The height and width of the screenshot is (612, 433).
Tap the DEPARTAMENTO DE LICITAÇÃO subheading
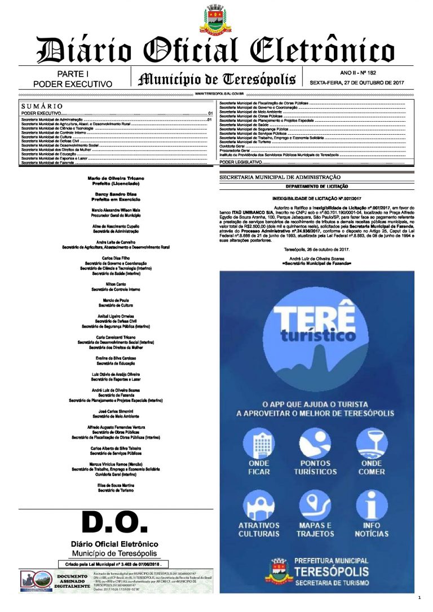pos(317,186)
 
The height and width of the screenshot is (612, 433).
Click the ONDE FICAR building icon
pos(259,445)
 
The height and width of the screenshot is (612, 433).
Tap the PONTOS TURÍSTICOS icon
pos(315,445)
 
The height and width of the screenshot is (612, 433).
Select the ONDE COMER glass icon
pos(372,445)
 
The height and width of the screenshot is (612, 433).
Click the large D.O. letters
pos(115,522)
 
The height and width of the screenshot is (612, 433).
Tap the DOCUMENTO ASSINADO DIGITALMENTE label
pos(72,581)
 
